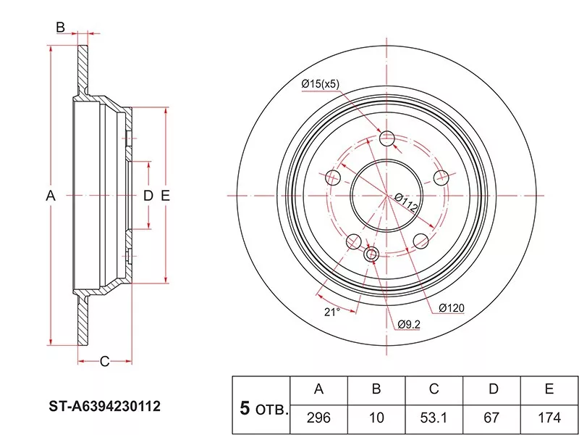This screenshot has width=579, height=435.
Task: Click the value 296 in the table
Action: pyautogui.click(x=318, y=418)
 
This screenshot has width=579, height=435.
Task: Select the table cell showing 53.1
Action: pyautogui.click(x=434, y=418)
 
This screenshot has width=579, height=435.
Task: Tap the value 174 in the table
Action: pyautogui.click(x=549, y=418)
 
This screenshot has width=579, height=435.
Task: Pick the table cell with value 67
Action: pyautogui.click(x=493, y=418)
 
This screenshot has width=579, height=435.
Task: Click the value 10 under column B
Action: pyautogui.click(x=376, y=418)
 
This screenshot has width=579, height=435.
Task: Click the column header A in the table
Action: pyautogui.click(x=318, y=389)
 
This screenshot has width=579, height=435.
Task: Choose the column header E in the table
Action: pyautogui.click(x=549, y=389)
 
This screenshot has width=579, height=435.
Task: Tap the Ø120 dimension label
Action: pyautogui.click(x=451, y=307)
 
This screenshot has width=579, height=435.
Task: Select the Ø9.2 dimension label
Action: pyautogui.click(x=408, y=323)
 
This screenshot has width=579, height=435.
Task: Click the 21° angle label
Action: pyautogui.click(x=331, y=312)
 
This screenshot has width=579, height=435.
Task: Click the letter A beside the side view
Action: pyautogui.click(x=50, y=195)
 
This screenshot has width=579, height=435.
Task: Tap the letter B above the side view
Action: pyautogui.click(x=61, y=28)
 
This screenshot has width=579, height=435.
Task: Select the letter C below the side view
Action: pyautogui.click(x=103, y=361)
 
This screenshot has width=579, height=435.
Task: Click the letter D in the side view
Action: pyautogui.click(x=148, y=195)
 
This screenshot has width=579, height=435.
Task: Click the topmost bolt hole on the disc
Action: pyautogui.click(x=387, y=138)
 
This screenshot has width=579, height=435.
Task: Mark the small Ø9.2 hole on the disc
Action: pyautogui.click(x=372, y=254)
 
